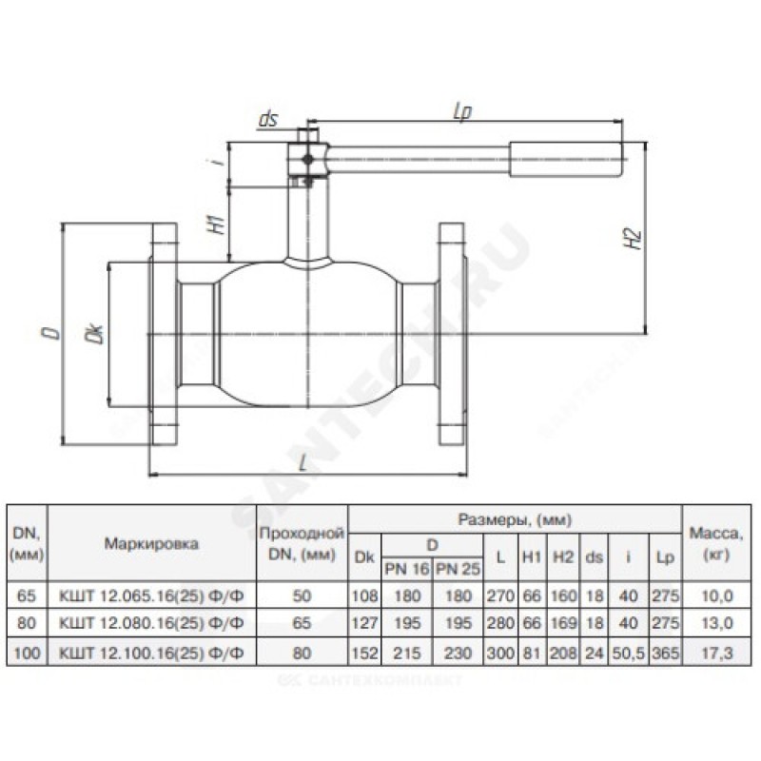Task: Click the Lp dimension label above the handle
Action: [464, 111]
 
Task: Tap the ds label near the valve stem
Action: [267, 121]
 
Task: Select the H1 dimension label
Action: [217, 224]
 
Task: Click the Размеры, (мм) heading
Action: [515, 520]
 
